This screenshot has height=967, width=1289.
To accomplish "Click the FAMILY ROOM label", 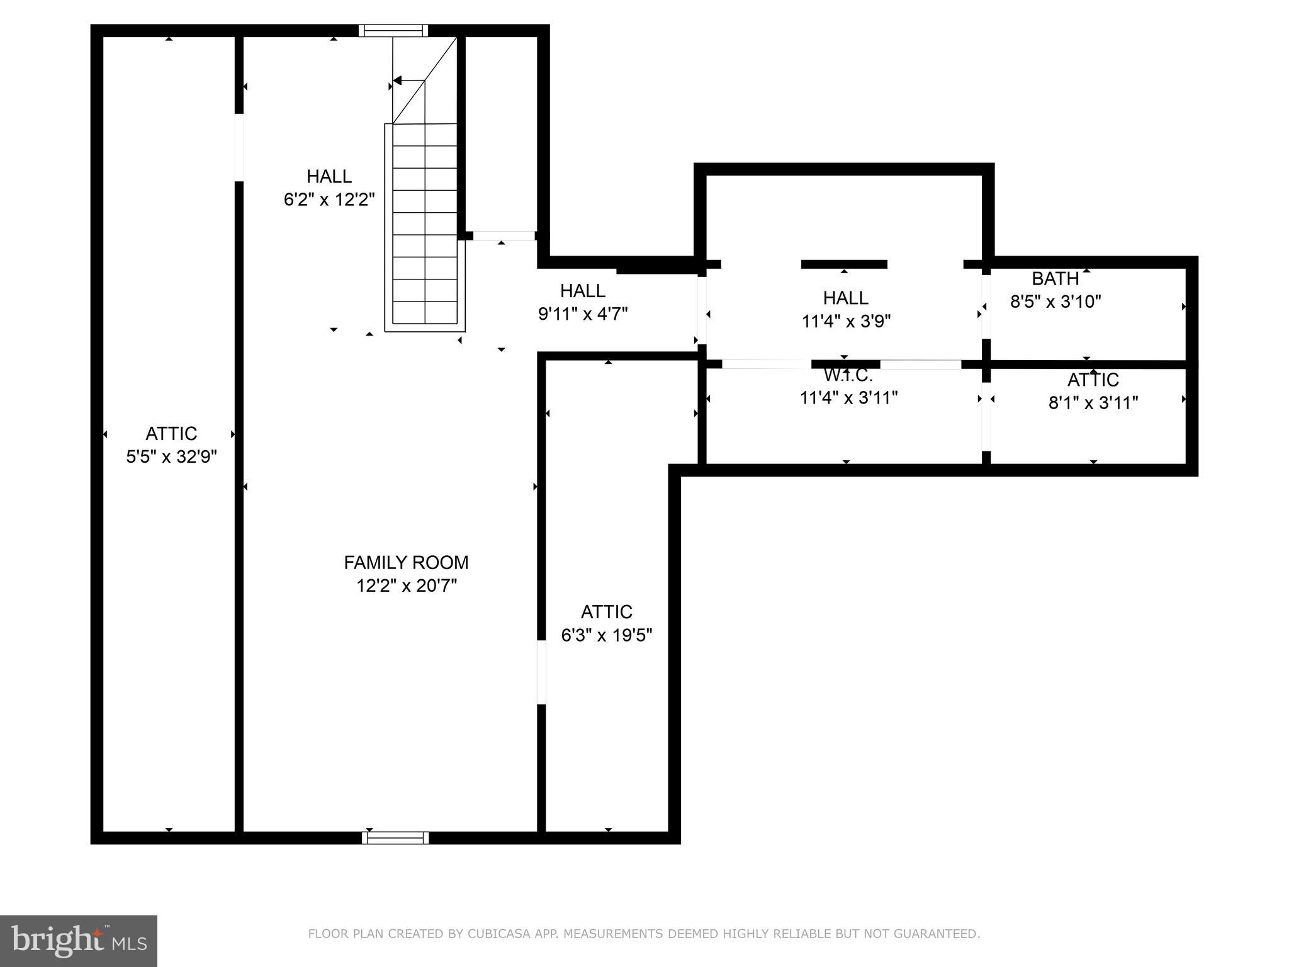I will click(406, 562).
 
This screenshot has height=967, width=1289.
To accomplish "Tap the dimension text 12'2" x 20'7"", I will click(406, 586).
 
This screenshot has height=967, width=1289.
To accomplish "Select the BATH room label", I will click(1055, 278).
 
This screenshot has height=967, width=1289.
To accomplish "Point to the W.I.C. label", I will click(848, 376).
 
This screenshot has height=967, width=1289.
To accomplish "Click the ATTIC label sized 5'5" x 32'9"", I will click(171, 434).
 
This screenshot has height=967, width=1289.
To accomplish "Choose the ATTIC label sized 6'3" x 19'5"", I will click(606, 612).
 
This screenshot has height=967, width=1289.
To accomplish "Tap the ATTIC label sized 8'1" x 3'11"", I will click(1093, 380).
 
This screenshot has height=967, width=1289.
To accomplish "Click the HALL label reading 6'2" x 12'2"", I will click(329, 176).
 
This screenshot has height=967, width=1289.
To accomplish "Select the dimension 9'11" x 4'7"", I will click(583, 314).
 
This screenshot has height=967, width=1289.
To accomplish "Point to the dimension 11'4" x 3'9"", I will click(846, 322).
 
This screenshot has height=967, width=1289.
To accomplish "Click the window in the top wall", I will click(393, 30).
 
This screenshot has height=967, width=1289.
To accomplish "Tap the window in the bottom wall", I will click(395, 837).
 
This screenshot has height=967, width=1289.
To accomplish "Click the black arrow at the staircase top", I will click(398, 81).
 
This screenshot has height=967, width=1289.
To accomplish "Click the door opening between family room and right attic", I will click(541, 672).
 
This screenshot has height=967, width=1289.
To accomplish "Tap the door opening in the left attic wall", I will click(239, 147).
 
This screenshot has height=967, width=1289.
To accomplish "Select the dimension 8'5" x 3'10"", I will click(1055, 302).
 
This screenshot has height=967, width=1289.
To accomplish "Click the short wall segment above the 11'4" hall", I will click(843, 264).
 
